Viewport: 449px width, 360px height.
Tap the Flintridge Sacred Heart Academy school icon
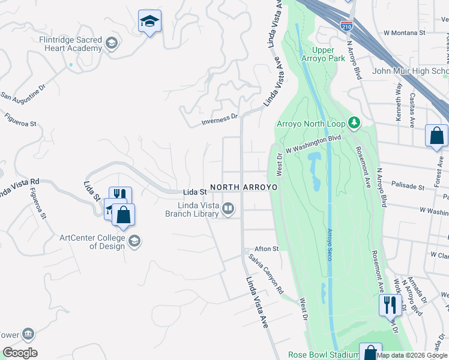tap(111, 43)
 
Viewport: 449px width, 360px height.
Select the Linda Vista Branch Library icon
tap(228, 209)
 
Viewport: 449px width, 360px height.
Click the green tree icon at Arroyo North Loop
tap(354, 123)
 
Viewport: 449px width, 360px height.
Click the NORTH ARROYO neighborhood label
tap(244, 187)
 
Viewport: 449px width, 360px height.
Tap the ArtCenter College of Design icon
tap(134, 241)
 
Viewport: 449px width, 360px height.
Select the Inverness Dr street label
tap(220, 120)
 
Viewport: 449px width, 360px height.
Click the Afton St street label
tap(267, 248)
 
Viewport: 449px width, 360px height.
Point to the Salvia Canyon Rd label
tap(267, 273)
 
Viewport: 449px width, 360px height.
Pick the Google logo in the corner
tap(20, 353)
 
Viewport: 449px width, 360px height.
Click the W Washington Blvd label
tap(313, 143)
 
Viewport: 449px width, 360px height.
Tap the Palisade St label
tap(408, 186)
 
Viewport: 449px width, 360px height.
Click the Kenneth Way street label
tap(399, 103)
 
